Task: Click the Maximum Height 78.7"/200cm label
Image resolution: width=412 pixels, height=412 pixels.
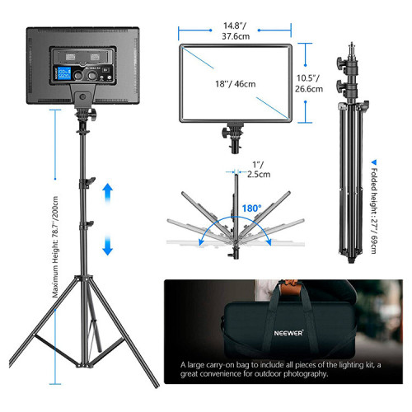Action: coord(55,247)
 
